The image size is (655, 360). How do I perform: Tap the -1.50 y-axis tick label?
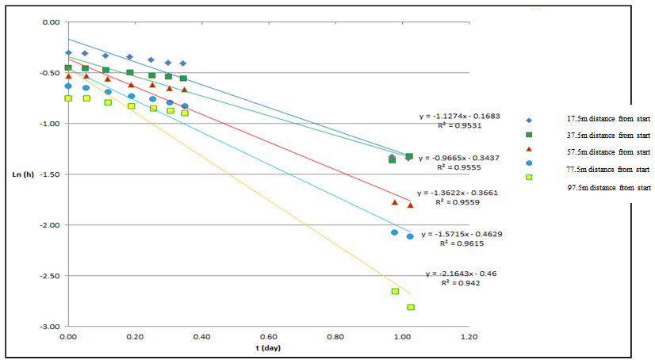tap(51, 174)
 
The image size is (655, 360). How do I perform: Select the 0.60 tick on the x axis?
tap(268, 336)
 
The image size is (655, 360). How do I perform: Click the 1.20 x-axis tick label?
tap(469, 336)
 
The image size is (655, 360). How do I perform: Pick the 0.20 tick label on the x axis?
tap(135, 336)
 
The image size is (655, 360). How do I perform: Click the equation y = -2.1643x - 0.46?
tap(462, 274)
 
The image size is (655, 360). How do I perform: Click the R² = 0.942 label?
tap(462, 282)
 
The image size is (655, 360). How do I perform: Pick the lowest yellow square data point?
tap(411, 307)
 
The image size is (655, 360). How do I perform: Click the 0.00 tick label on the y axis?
tap(52, 22)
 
